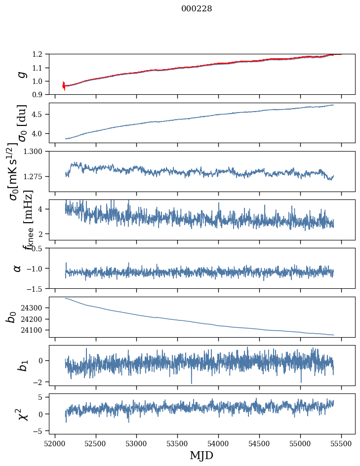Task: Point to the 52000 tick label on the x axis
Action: pyautogui.click(x=55, y=443)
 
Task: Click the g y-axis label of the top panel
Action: pyautogui.click(x=20, y=74)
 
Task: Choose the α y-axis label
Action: pyautogui.click(x=17, y=268)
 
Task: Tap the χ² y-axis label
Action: pyautogui.click(x=21, y=414)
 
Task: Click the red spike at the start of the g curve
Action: pyautogui.click(x=64, y=85)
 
